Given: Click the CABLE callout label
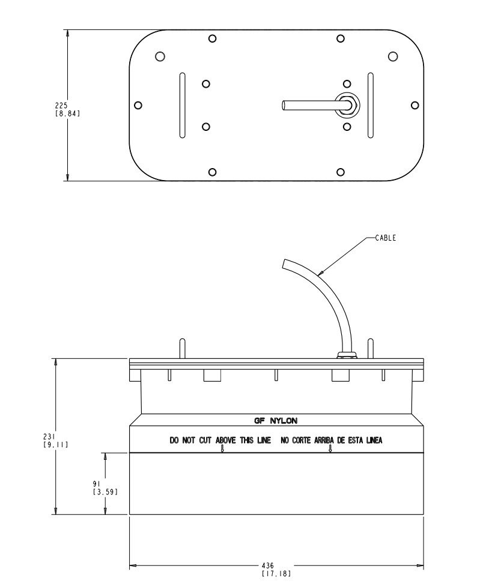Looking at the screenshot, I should pos(385,238).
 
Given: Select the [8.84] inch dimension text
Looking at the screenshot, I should pos(67,113).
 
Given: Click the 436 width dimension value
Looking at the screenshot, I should pos(269,565).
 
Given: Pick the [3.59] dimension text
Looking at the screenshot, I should pos(105,492).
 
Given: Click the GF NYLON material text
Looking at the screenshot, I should pos(276,421).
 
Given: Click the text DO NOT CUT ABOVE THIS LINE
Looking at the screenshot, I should pos(220,440).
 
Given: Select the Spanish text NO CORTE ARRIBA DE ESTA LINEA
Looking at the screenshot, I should pos(331,440).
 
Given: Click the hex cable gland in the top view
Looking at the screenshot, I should pos(347,105).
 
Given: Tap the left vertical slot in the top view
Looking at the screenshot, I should pos(182,105).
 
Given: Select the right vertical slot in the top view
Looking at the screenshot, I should pos(370,105).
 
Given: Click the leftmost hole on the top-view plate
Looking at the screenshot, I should pos(138,105).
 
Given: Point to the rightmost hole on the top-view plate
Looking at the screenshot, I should pos(415,105).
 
